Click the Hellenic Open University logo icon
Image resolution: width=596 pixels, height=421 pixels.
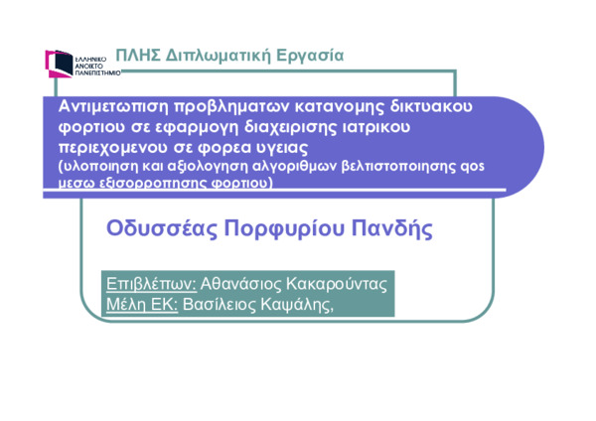[x=59, y=64]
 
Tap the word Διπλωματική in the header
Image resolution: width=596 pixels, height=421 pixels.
[x=219, y=56]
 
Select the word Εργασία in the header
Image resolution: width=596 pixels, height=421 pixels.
[x=310, y=56]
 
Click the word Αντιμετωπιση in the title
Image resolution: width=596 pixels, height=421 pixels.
[x=113, y=106]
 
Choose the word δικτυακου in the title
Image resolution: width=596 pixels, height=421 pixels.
[x=431, y=106]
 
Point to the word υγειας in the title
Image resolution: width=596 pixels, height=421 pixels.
[x=281, y=148]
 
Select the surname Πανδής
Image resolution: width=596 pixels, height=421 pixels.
[x=392, y=229]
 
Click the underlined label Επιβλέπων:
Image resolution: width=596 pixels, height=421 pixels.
[x=151, y=284]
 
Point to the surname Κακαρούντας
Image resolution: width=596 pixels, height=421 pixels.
[x=337, y=283]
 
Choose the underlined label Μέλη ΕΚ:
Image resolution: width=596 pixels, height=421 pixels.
[x=142, y=304]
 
